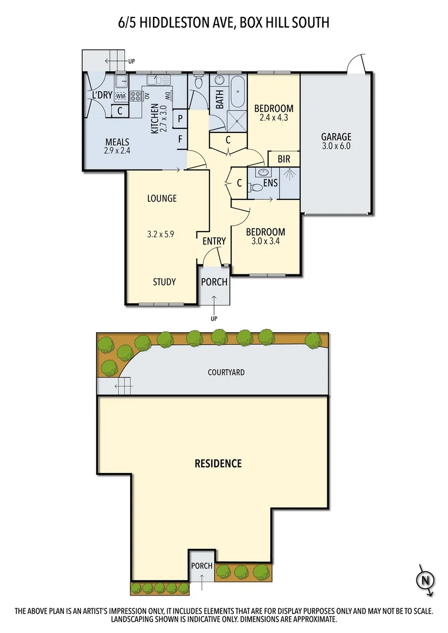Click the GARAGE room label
335,137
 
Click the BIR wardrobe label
284,159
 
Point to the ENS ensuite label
270,183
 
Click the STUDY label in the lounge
164,282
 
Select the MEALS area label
117,142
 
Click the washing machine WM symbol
121,96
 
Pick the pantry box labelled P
180,118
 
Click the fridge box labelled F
180,139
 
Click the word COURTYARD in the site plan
226,372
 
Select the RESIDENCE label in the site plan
218,464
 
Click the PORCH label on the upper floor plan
214,282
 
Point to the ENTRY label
214,241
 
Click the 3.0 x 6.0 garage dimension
335,147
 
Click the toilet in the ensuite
256,188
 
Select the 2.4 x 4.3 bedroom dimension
273,118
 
